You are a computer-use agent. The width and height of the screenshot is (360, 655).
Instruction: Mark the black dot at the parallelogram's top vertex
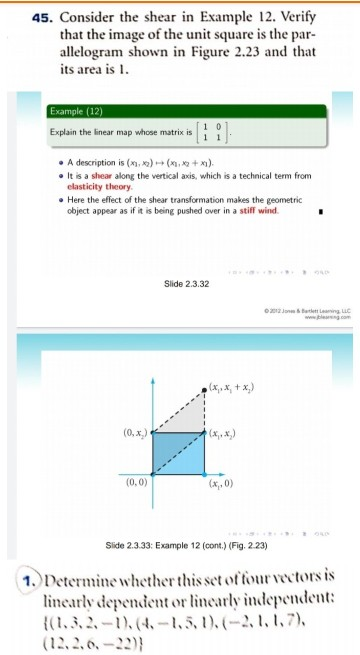(202, 383)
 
